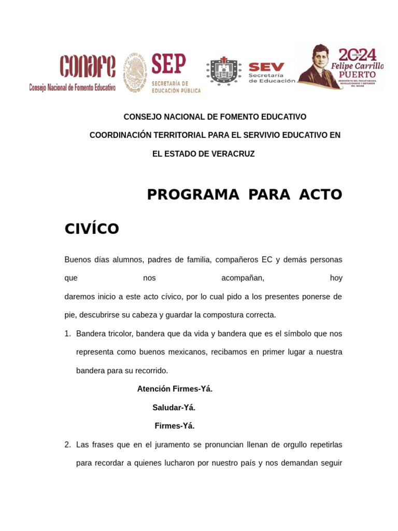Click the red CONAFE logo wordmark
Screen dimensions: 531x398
88,66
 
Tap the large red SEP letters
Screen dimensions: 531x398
168,65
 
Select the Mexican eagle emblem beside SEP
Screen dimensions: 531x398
135,72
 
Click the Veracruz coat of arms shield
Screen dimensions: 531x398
224,71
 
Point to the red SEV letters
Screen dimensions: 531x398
266,67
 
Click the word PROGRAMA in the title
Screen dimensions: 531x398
193,194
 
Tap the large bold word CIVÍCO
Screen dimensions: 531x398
92,229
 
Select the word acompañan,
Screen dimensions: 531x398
243,278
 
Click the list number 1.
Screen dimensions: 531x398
67,333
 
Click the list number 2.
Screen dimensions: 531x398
67,444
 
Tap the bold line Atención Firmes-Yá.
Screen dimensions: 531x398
175,389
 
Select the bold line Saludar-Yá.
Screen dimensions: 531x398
174,408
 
